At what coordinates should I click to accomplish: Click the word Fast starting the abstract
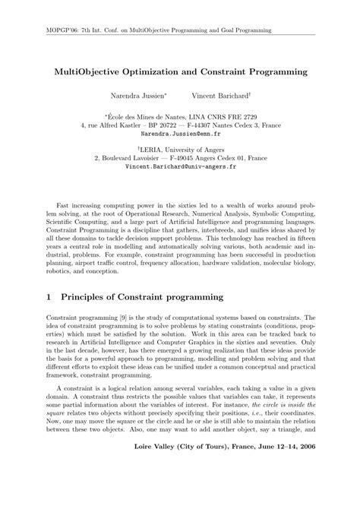[x=62, y=207]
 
